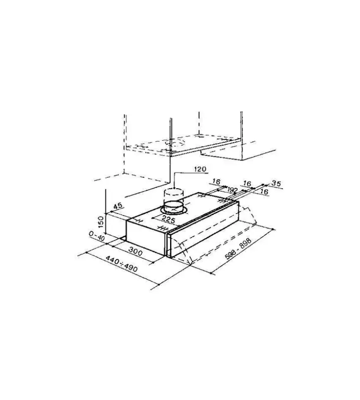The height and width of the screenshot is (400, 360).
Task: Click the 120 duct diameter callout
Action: (200, 169)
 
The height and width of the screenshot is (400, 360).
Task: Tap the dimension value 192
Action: (232, 190)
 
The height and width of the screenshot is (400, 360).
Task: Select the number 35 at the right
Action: (276, 183)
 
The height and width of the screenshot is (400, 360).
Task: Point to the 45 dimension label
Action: (118, 206)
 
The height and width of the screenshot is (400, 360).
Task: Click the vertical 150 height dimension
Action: (101, 222)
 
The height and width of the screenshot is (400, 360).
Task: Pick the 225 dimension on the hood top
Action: (169, 219)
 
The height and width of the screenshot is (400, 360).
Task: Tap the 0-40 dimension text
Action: (97, 236)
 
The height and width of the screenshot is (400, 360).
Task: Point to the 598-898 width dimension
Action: (238, 249)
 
